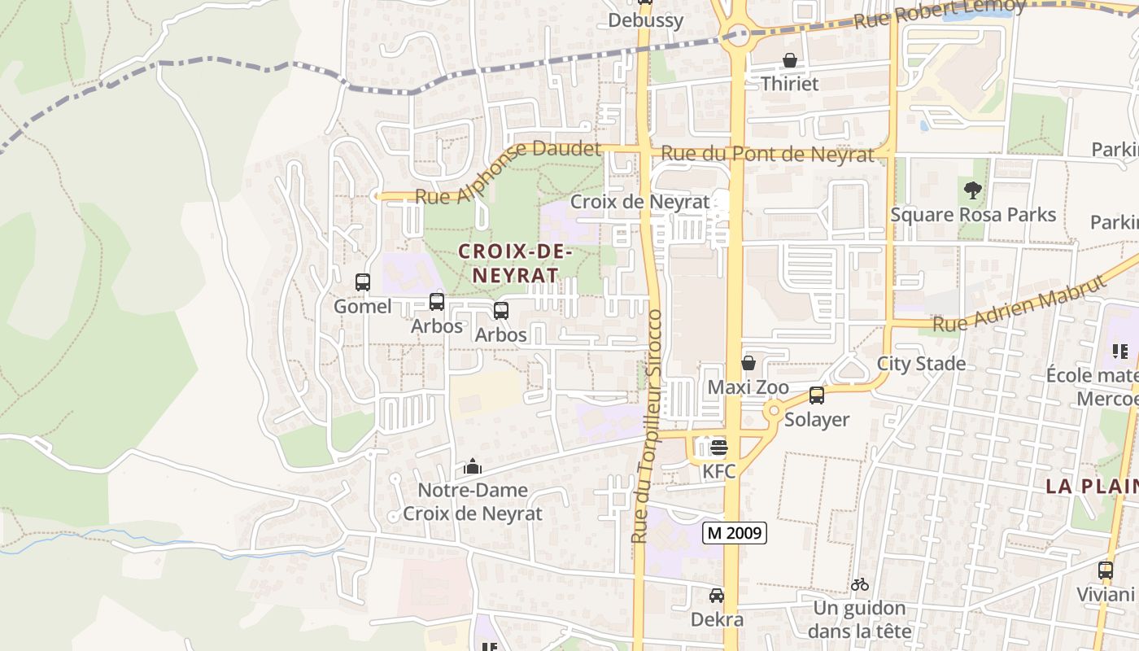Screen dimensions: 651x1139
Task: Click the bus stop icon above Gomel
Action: pyautogui.click(x=363, y=282)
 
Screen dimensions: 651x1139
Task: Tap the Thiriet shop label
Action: pyautogui.click(x=789, y=84)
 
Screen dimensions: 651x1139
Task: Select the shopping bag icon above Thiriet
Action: pyautogui.click(x=789, y=60)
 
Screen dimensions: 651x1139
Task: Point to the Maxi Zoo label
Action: pyautogui.click(x=748, y=387)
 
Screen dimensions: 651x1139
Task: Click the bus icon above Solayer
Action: pyautogui.click(x=817, y=395)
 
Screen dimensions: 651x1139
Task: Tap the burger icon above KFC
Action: pyautogui.click(x=718, y=447)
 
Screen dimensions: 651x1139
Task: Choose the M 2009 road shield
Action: pyautogui.click(x=735, y=533)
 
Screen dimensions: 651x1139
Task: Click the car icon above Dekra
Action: pyautogui.click(x=717, y=596)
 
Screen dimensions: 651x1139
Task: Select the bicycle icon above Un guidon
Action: pyautogui.click(x=860, y=584)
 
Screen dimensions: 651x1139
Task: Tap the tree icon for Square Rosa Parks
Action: pyautogui.click(x=972, y=191)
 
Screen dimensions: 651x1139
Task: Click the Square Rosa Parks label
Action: pyautogui.click(x=973, y=215)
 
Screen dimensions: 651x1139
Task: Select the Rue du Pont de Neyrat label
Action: pyautogui.click(x=767, y=154)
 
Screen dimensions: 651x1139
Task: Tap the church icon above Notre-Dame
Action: pyautogui.click(x=472, y=467)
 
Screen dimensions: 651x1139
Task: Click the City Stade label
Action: pyautogui.click(x=921, y=363)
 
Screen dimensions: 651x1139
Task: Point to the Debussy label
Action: pyautogui.click(x=646, y=20)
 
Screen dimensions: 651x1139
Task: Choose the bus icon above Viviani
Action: pyautogui.click(x=1105, y=570)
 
